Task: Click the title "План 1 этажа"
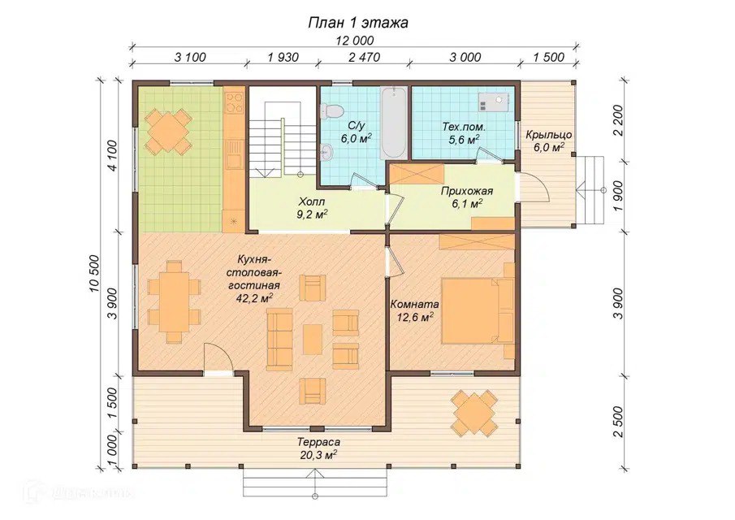(x=357, y=23)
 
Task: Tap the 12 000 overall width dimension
(x=354, y=41)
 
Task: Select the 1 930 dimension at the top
(x=283, y=57)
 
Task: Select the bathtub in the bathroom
(x=393, y=123)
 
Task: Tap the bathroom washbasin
(x=326, y=151)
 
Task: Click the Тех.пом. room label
(x=464, y=127)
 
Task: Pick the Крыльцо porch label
(x=548, y=135)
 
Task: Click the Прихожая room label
(x=466, y=191)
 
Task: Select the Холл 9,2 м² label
(x=313, y=208)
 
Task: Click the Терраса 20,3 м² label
(x=318, y=448)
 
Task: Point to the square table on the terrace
(x=474, y=413)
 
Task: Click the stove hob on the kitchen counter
(x=234, y=102)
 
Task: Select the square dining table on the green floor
(x=166, y=131)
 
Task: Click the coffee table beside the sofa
(x=312, y=339)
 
